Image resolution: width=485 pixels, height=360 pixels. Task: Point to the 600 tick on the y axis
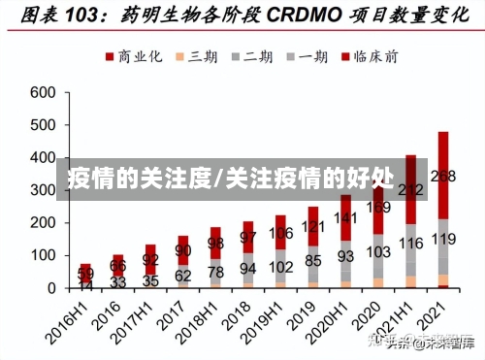(43, 92)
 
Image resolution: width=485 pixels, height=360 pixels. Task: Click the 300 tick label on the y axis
(43, 190)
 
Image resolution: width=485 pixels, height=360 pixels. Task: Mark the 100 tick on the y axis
(43, 256)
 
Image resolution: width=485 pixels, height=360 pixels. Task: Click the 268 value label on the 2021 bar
(443, 176)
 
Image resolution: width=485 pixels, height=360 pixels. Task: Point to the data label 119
(443, 239)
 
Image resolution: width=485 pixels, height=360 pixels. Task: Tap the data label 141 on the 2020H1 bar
(345, 218)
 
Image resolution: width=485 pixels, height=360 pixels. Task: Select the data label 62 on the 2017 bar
(183, 276)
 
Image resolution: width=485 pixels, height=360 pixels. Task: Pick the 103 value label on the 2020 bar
(378, 251)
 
